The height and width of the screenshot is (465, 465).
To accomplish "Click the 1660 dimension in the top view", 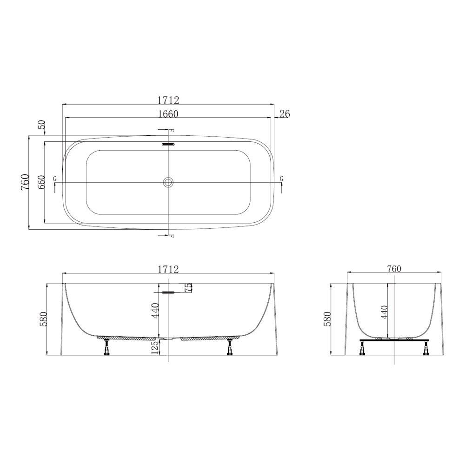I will click(168, 113).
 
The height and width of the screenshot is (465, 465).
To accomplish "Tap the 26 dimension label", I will click(285, 113).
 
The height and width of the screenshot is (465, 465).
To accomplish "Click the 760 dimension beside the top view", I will click(25, 182).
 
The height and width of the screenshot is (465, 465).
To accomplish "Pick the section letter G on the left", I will click(55, 179).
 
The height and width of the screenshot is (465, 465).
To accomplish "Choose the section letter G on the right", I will click(281, 179).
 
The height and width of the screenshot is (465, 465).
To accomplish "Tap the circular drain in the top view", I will click(168, 182).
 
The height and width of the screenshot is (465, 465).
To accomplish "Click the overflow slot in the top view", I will click(168, 144).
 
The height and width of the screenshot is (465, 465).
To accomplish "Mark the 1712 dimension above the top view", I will click(168, 100).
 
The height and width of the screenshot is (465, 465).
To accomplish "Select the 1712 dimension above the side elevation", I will click(168, 269).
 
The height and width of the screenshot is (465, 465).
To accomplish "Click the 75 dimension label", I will click(188, 288).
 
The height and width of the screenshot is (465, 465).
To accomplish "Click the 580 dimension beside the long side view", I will click(43, 319).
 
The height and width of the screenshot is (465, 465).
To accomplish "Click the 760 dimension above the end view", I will click(393, 269).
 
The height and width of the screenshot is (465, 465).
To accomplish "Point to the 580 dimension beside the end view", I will click(326, 319).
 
